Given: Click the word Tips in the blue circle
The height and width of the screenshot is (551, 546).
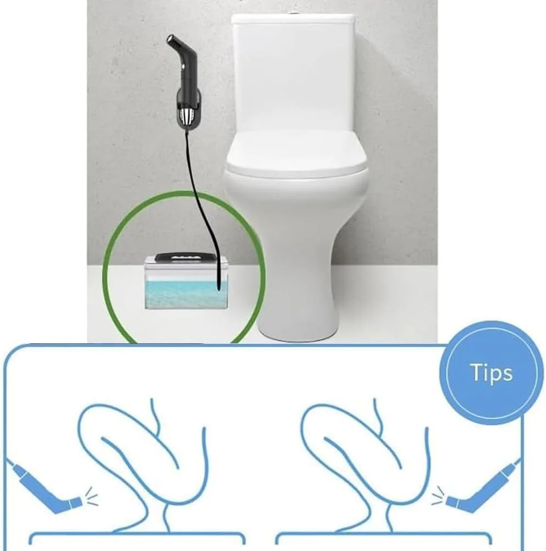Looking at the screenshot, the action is tap(491, 373).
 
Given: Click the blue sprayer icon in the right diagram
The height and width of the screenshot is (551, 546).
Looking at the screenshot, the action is tap(483, 488).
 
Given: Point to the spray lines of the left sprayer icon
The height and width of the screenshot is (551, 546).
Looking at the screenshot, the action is tap(92, 497).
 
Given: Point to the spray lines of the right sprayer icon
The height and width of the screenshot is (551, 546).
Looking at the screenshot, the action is tap(438, 495).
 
